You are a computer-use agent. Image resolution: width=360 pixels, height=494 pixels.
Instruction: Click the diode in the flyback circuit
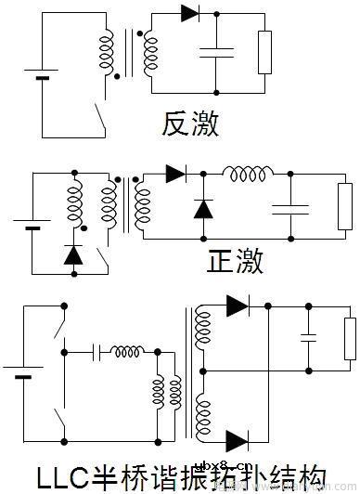[190, 13]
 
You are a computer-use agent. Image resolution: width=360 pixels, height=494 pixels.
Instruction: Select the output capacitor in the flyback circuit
[215, 53]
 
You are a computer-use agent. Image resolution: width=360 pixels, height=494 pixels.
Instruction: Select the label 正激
[236, 261]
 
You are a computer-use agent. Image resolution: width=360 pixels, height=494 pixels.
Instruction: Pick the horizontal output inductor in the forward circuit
[248, 174]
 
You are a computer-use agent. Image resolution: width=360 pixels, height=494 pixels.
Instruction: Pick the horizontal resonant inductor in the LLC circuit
[128, 351]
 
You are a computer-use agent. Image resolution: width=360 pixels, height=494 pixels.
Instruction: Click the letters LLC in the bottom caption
[63, 477]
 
